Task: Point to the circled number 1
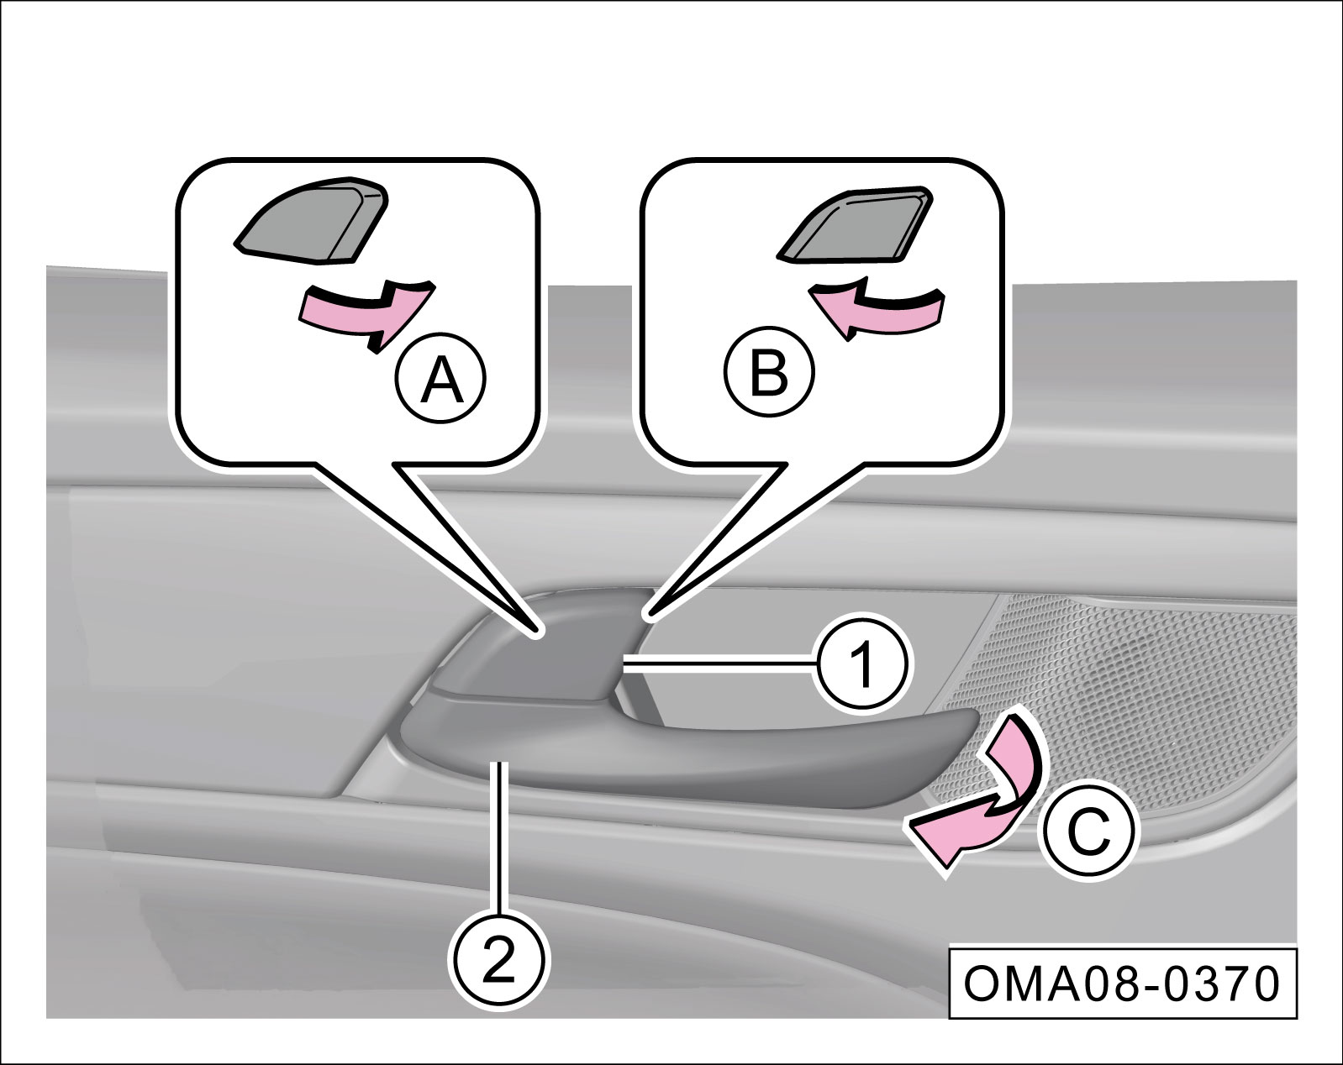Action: point(862,664)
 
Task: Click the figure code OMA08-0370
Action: point(1122,984)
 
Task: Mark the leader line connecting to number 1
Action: point(719,664)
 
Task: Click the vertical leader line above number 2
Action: point(500,832)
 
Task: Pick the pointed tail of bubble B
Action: point(714,546)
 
